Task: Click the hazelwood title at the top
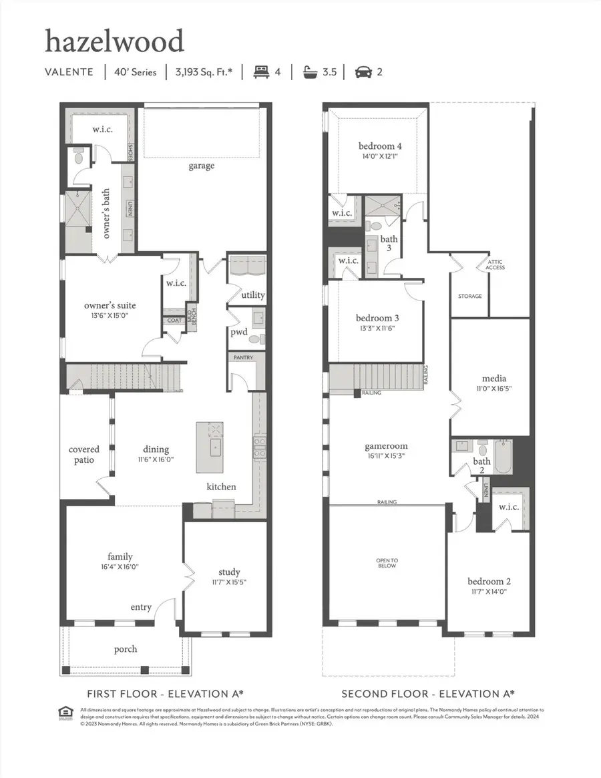tap(114, 42)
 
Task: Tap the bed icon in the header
tap(260, 71)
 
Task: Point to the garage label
tap(201, 166)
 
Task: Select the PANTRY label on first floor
tap(243, 358)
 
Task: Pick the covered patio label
tap(84, 455)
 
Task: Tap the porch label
tap(126, 648)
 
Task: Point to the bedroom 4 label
tap(380, 146)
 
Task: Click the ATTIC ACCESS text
tap(495, 265)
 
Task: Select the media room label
tap(494, 379)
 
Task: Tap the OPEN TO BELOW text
tap(387, 563)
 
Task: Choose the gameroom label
tap(385, 446)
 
